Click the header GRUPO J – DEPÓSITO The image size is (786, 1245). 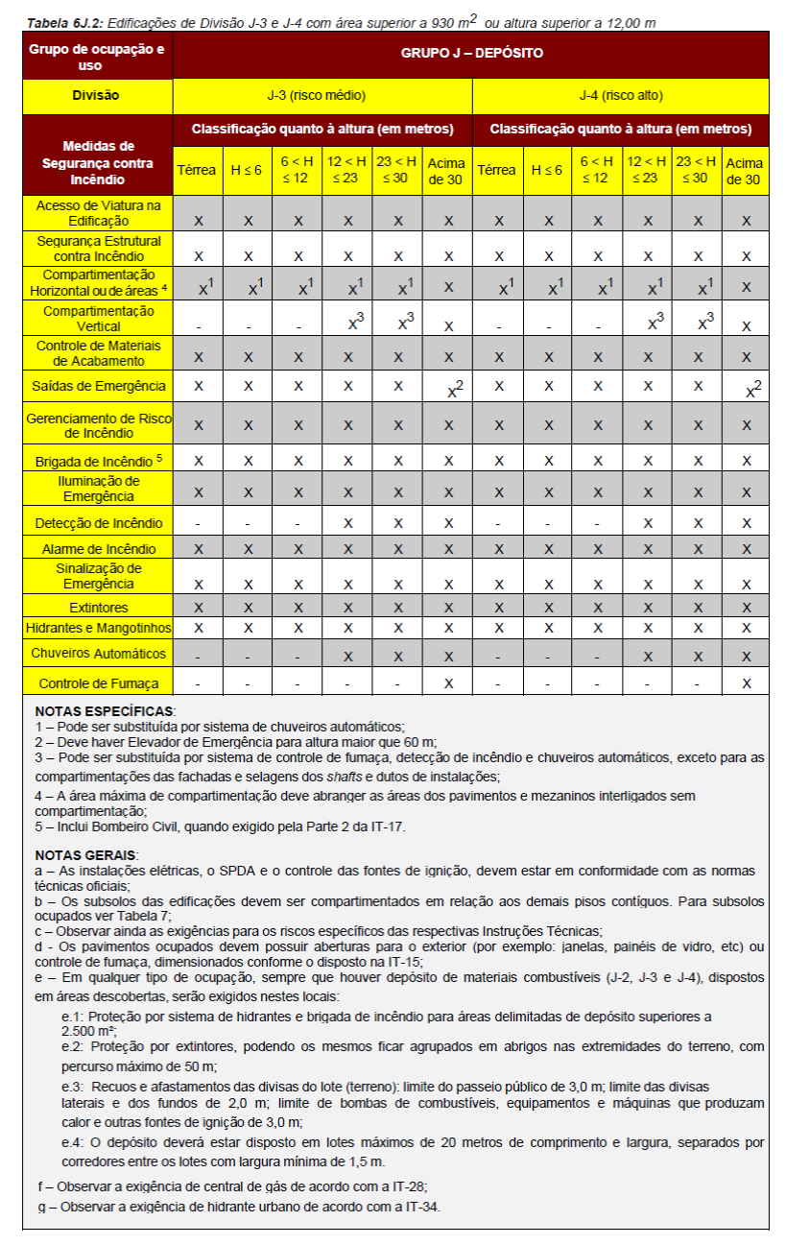tap(471, 54)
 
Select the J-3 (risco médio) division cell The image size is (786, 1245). tap(322, 96)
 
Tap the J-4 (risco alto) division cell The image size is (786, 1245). tap(621, 96)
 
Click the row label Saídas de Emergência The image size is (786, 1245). tap(99, 386)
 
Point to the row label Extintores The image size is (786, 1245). tap(99, 608)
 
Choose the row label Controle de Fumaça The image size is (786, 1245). tap(99, 683)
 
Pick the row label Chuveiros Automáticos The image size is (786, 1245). tap(99, 654)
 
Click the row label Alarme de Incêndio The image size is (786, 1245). tap(99, 549)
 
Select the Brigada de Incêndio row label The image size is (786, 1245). tap(99, 460)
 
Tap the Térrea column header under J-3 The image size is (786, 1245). tap(198, 170)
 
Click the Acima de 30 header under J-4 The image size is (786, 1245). tap(745, 170)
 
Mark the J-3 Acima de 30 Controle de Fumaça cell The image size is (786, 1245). tap(448, 683)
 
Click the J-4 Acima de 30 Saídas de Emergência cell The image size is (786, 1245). tap(746, 389)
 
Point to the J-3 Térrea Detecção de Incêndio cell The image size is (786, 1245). tap(198, 524)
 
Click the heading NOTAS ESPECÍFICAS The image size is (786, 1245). tap(106, 711)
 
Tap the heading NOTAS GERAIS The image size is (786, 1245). tap(87, 855)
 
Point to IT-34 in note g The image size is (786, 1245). tap(420, 1207)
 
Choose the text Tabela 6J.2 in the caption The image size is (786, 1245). tap(59, 22)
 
